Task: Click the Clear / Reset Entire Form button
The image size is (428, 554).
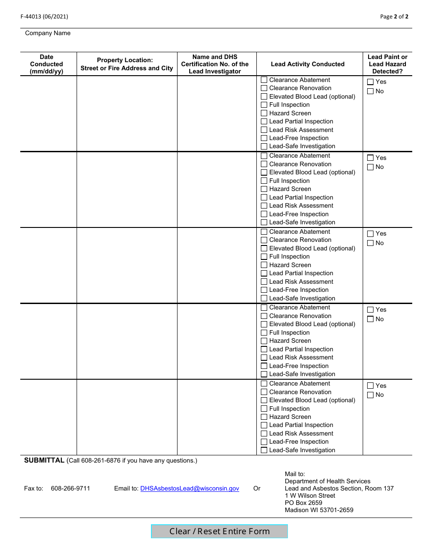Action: [219, 531]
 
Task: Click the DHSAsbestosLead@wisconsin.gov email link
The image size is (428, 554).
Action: [190, 488]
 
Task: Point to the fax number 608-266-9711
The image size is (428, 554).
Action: [70, 488]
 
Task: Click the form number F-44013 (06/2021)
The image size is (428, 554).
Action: [44, 17]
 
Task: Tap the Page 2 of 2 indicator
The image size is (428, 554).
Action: [394, 17]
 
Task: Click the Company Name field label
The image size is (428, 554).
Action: [48, 33]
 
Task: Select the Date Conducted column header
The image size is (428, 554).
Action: [46, 64]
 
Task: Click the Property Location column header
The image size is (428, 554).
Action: [127, 64]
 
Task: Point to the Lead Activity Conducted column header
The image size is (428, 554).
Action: [308, 64]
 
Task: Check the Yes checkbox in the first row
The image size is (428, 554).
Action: [370, 82]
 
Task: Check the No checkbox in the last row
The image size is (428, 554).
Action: [370, 395]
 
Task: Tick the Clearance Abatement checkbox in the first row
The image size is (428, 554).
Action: [264, 80]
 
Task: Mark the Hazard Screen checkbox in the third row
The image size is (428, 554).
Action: [264, 265]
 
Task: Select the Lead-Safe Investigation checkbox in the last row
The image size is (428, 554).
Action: [264, 450]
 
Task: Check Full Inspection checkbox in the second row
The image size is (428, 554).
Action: [264, 181]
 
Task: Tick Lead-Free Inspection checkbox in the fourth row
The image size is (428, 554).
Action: [264, 366]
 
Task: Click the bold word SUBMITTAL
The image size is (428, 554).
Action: [44, 460]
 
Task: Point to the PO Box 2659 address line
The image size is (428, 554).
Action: [303, 503]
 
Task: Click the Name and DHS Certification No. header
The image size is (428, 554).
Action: [215, 64]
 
